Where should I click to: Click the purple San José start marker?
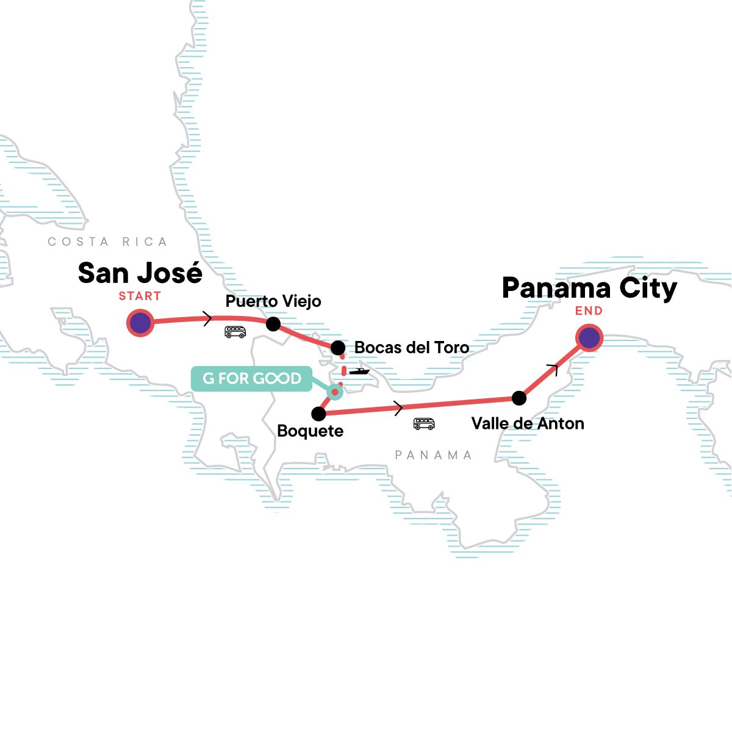(140, 323)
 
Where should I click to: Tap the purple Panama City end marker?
(589, 337)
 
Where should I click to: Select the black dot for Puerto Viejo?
(273, 324)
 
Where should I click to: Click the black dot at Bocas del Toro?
(338, 348)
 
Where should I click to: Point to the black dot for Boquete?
(318, 414)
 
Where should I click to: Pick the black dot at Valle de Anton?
(519, 398)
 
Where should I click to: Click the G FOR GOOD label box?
(252, 378)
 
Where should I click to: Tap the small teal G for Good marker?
(334, 392)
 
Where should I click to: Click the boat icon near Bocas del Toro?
(359, 371)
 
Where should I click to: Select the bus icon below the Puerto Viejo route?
(235, 332)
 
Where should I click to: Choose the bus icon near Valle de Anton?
(424, 423)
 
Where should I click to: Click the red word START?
(140, 296)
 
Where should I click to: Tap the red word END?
(589, 311)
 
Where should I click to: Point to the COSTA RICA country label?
(107, 242)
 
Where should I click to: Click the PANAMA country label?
(433, 455)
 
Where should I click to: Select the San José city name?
(140, 273)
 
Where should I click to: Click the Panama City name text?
(589, 288)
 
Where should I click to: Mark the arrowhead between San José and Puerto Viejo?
(208, 318)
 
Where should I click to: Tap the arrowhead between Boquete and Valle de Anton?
(399, 407)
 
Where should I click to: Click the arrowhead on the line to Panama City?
(554, 367)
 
